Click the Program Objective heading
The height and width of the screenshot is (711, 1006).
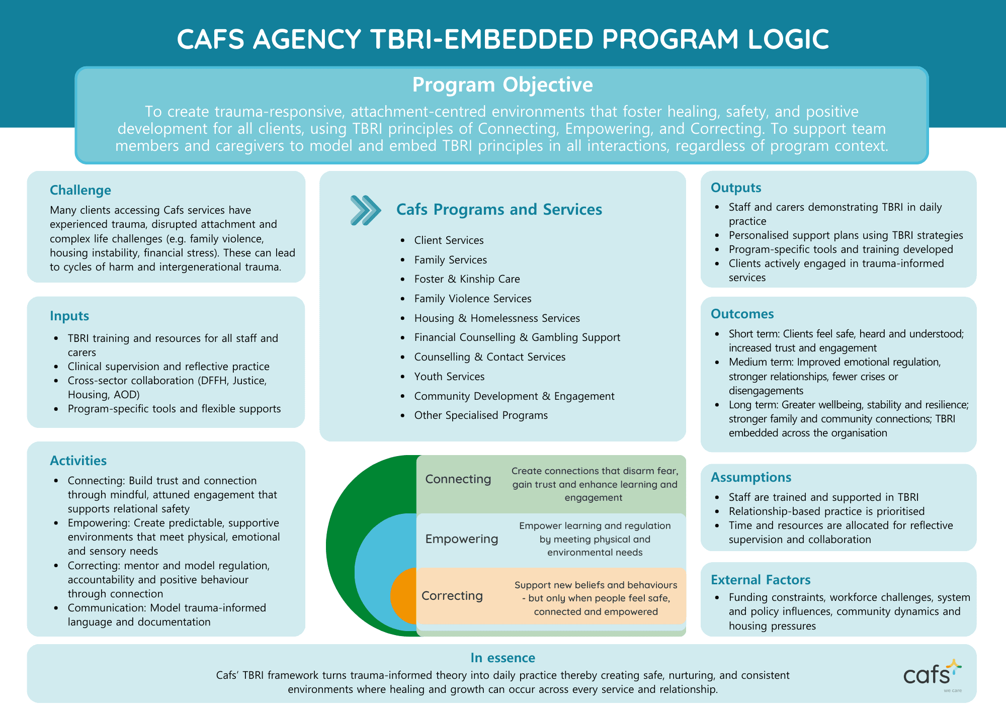click(x=502, y=85)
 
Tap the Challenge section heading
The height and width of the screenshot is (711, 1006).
click(x=80, y=190)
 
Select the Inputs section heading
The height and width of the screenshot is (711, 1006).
click(x=69, y=316)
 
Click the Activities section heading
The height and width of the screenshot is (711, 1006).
click(x=78, y=461)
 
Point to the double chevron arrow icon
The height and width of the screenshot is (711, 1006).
click(x=366, y=210)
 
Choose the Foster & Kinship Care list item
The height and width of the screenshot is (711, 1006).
click(x=467, y=279)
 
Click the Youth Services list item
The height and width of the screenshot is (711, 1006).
click(x=449, y=377)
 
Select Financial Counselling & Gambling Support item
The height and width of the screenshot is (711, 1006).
click(x=517, y=337)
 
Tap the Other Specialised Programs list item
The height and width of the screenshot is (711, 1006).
click(x=481, y=415)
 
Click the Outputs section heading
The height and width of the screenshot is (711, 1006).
click(x=736, y=188)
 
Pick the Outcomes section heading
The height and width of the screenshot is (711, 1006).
click(x=742, y=314)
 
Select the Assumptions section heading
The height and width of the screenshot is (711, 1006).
click(x=751, y=477)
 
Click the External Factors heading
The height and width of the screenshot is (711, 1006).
click(x=761, y=580)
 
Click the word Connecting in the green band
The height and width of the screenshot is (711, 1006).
click(x=458, y=479)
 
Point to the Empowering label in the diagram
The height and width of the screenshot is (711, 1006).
click(x=461, y=539)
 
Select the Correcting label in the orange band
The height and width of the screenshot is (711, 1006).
click(x=452, y=596)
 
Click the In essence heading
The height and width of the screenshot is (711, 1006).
click(x=502, y=658)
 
